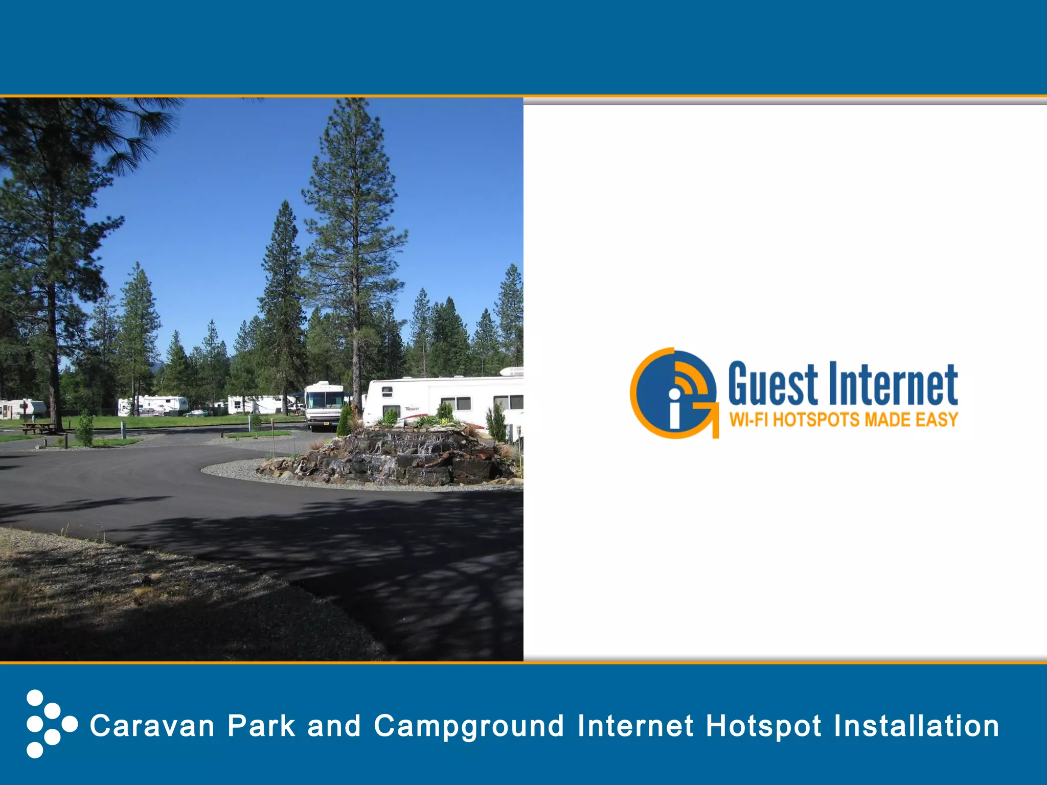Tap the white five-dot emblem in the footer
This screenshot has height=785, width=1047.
pos(50,724)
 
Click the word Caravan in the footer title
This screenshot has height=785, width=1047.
pos(152,726)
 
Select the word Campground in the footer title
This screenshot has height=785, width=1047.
pos(469,727)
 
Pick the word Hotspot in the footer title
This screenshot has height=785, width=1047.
pos(763,726)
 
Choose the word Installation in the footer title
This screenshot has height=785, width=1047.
pos(916,726)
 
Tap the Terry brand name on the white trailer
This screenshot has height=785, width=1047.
pos(412,409)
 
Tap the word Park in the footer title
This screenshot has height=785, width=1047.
pos(261,726)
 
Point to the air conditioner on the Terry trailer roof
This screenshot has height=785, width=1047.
pos(511,371)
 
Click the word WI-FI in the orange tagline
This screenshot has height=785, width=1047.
pos(748,420)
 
